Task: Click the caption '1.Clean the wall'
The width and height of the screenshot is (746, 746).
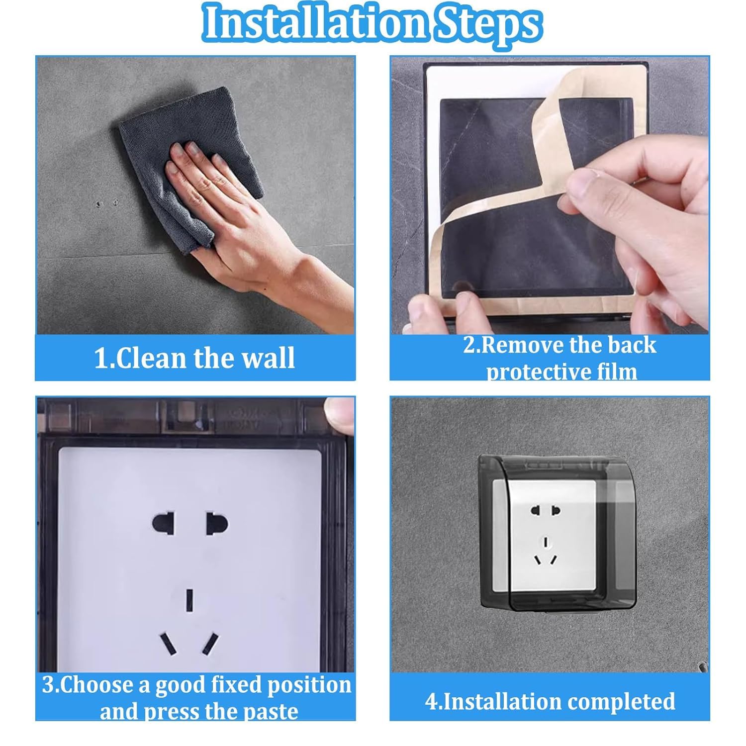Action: [x=194, y=358]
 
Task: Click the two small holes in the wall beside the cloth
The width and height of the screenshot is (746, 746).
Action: [x=107, y=203]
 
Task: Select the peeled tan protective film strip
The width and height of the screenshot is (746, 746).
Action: [x=512, y=199]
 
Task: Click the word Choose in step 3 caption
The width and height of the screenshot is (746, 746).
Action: [x=104, y=685]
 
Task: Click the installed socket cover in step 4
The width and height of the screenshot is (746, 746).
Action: [x=557, y=533]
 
